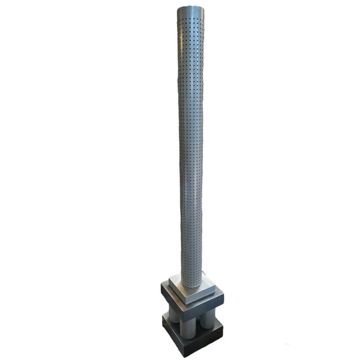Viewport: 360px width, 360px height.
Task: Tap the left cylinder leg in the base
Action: coord(173,317)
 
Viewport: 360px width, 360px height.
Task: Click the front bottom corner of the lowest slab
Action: coord(187,355)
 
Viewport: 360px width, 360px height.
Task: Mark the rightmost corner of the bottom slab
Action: coord(223,326)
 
